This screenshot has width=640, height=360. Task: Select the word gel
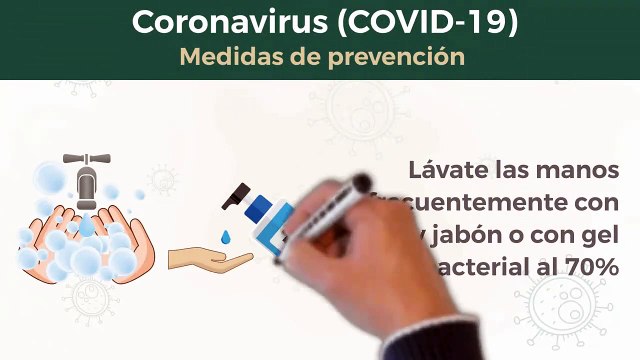(x=604, y=236)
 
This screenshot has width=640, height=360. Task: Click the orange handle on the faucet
(x=86, y=158)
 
